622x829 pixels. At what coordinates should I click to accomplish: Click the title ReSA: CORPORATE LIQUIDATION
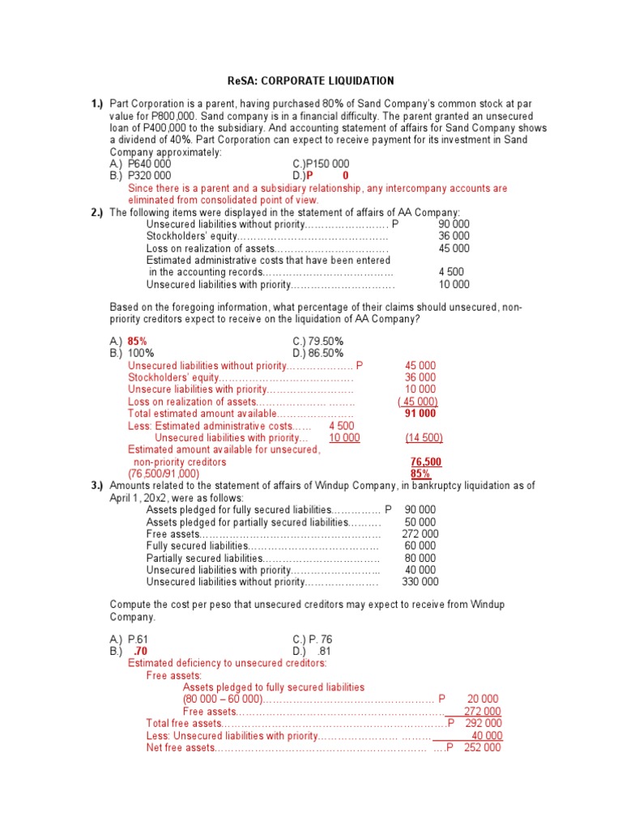click(x=310, y=81)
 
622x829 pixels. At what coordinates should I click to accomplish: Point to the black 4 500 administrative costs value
click(x=451, y=272)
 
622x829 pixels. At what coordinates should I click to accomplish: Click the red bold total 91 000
click(x=420, y=413)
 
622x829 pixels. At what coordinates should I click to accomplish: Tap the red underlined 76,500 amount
click(x=426, y=461)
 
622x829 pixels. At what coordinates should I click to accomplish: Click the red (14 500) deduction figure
click(x=424, y=437)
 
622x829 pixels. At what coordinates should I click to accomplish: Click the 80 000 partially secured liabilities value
click(x=420, y=558)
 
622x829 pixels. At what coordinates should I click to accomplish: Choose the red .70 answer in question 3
click(x=140, y=651)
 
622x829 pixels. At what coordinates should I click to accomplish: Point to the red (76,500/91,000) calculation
click(x=164, y=474)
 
